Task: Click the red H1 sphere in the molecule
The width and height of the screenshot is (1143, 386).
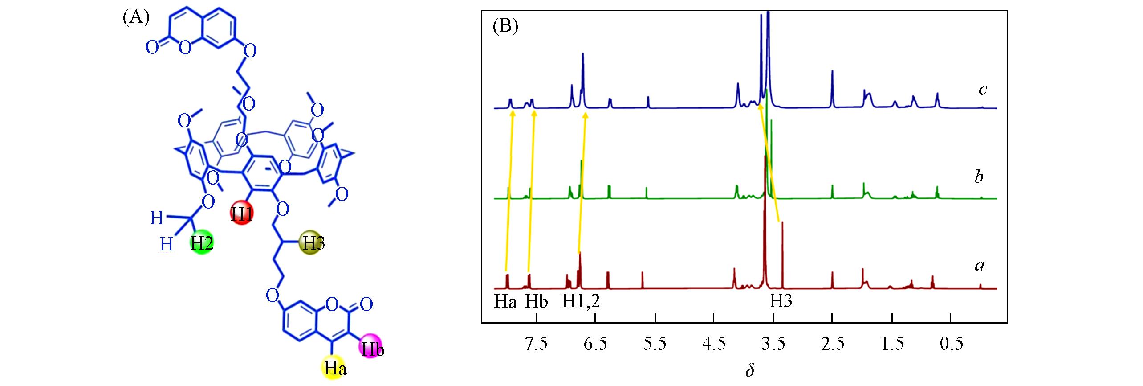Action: point(242,214)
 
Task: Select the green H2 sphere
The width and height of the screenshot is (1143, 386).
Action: point(201,243)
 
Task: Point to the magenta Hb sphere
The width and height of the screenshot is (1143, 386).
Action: point(372,349)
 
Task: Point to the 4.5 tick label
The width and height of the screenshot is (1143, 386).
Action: point(714,344)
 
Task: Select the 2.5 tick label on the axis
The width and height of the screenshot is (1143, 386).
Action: point(832,344)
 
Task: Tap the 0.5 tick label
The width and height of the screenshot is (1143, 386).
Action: point(950,344)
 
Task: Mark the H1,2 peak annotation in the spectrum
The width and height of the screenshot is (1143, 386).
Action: point(581,302)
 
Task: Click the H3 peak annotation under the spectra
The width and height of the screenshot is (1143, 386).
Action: point(781,302)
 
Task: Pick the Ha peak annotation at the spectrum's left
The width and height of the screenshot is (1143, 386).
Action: point(505,302)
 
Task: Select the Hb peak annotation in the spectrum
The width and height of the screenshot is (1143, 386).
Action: point(536,302)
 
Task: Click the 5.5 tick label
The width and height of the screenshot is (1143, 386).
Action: point(655,344)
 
